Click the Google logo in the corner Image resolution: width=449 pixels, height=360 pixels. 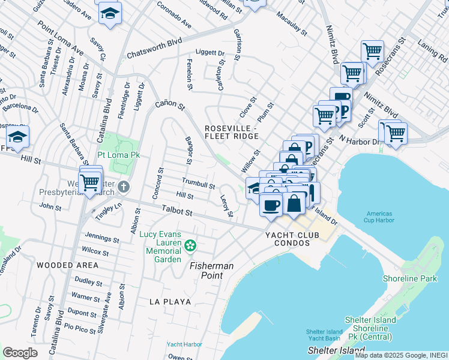[x=20, y=353]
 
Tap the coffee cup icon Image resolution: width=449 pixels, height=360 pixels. [x=271, y=204]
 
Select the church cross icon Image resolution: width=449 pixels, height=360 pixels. [x=123, y=187]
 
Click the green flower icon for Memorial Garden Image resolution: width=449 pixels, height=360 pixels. [x=190, y=245]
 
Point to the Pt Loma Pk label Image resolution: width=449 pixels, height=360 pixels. [x=119, y=155]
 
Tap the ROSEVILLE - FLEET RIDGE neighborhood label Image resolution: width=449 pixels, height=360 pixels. [x=232, y=133]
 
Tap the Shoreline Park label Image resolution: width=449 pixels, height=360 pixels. [x=410, y=278]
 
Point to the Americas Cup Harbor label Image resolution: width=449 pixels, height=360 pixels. [x=379, y=217]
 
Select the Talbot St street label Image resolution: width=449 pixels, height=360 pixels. [x=176, y=212]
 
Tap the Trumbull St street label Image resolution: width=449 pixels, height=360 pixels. [x=198, y=183]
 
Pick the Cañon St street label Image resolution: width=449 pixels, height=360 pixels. [x=169, y=105]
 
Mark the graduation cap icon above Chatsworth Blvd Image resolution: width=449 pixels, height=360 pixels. [x=110, y=13]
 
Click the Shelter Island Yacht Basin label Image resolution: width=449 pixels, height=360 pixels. [x=324, y=335]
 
